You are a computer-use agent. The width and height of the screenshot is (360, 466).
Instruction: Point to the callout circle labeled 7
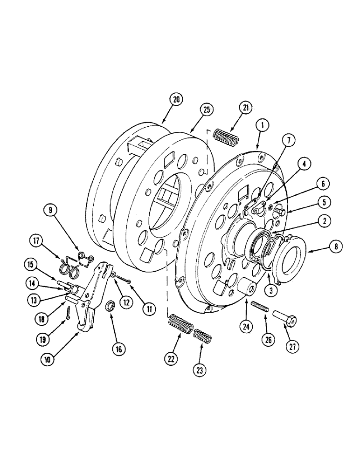[289, 140]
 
